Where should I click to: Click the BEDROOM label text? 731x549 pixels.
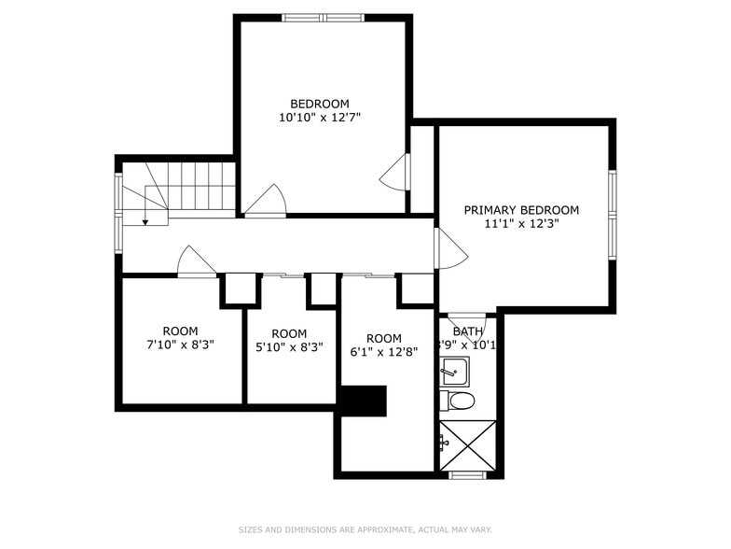[x=319, y=104]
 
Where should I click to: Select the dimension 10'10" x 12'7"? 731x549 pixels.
[x=319, y=118]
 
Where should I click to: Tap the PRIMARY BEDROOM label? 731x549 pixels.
[x=521, y=210]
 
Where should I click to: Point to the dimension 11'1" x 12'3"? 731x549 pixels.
[x=521, y=224]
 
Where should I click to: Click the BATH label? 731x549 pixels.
[x=467, y=331]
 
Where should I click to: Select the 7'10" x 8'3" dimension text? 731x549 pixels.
[x=180, y=345]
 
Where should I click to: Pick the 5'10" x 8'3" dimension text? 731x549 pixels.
[x=289, y=347]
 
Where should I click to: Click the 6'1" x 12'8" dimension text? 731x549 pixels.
[x=383, y=352]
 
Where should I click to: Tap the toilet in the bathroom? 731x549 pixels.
[x=459, y=401]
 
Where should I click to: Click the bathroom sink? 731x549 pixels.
[x=455, y=371]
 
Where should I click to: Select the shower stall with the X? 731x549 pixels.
[x=468, y=445]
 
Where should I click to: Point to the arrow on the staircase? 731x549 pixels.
[x=145, y=220]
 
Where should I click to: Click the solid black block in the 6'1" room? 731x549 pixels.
[x=363, y=401]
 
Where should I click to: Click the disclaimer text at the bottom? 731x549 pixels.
[x=365, y=529]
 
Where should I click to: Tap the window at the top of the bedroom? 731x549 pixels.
[x=323, y=17]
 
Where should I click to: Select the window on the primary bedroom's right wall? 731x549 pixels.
[x=612, y=216]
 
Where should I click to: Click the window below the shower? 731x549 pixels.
[x=467, y=475]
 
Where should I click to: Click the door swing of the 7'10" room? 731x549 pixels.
[x=195, y=262]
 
